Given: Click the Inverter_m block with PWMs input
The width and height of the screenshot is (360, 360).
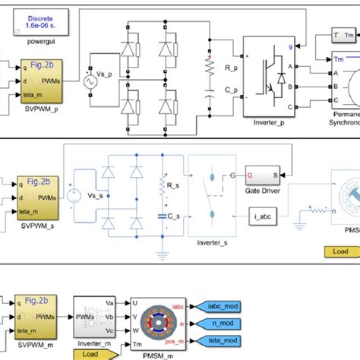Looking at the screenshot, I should click(94, 321).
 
